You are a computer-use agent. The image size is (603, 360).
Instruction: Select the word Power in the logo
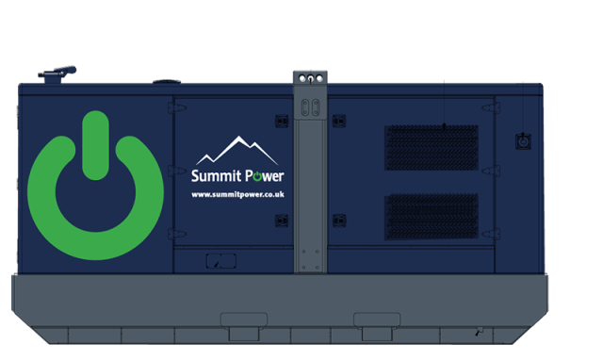(x=264, y=176)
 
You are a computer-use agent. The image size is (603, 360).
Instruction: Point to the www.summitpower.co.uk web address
(x=237, y=195)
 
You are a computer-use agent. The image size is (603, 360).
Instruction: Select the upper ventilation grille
(x=431, y=147)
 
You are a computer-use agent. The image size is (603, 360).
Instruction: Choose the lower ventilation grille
(x=431, y=217)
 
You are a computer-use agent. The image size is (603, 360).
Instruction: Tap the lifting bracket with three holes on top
(x=312, y=78)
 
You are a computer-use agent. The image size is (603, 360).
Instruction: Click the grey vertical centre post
(x=312, y=188)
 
